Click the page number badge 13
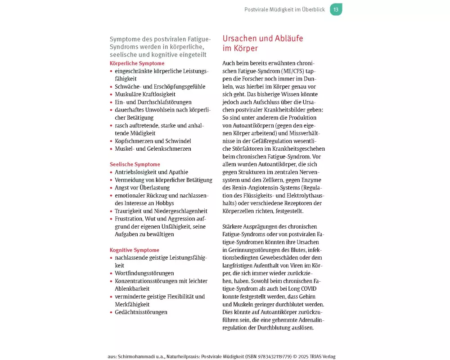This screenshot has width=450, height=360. coord(336,9)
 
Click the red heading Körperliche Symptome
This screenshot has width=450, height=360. coord(137,63)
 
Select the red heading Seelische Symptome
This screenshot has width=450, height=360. coord(135,164)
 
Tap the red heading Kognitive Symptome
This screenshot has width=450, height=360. coord(135,250)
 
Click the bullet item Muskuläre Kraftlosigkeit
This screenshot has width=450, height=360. coord(145,94)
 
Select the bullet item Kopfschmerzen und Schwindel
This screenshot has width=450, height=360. coord(153,141)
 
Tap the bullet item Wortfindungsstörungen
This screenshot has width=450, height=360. coord(144,273)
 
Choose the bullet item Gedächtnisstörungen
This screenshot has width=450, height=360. coord(141,312)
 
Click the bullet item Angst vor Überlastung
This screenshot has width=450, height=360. coord(142,188)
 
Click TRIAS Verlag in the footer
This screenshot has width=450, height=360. coord(324,356)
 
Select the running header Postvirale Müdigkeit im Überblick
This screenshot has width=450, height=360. coord(284,9)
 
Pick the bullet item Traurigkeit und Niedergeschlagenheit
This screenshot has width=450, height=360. coord(161,211)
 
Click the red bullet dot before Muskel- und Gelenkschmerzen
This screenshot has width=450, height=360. coord(111,149)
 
